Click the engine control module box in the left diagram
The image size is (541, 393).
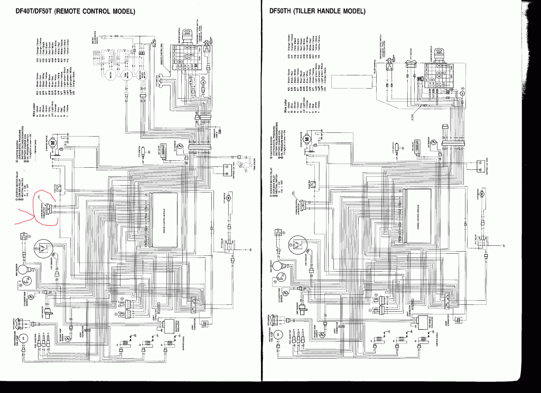click(x=165, y=217)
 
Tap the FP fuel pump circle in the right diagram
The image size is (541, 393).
click(x=275, y=334)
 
